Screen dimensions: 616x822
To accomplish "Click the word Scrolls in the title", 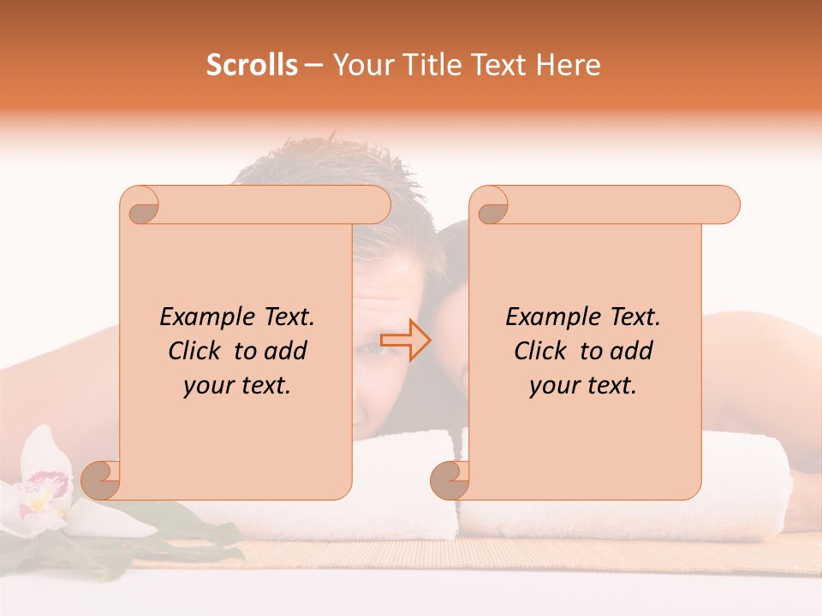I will (252, 65).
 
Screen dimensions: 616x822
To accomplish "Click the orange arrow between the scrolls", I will (406, 341).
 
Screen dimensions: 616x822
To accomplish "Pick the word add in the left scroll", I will (286, 351).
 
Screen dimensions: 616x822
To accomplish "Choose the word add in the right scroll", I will (632, 351).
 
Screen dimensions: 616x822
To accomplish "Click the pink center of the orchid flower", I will (43, 495).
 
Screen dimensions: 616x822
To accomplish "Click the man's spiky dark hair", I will (342, 163).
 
